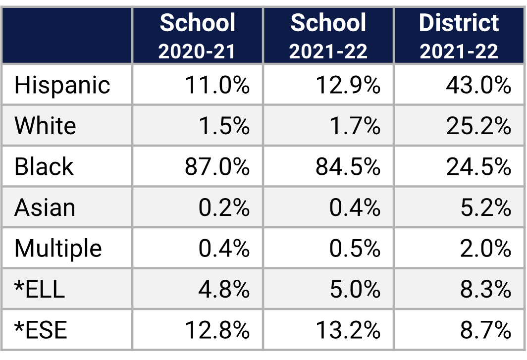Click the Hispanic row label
pyautogui.click(x=62, y=85)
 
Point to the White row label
pyautogui.click(x=45, y=125)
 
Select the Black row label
pyautogui.click(x=44, y=166)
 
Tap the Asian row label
pyautogui.click(x=45, y=207)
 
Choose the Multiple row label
pyautogui.click(x=58, y=248)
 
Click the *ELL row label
pyautogui.click(x=40, y=289)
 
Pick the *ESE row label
pyautogui.click(x=41, y=329)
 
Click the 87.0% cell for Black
pyautogui.click(x=217, y=166)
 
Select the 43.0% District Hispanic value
pyautogui.click(x=478, y=85)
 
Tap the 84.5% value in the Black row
pyautogui.click(x=348, y=166)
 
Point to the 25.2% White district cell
pyautogui.click(x=478, y=125)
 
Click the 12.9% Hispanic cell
pyautogui.click(x=348, y=85)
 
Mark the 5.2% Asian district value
pyautogui.click(x=485, y=207)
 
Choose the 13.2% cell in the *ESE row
pyautogui.click(x=348, y=329)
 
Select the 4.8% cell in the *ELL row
pyautogui.click(x=224, y=289)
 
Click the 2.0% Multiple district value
pyautogui.click(x=485, y=248)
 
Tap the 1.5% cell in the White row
pyautogui.click(x=224, y=125)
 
